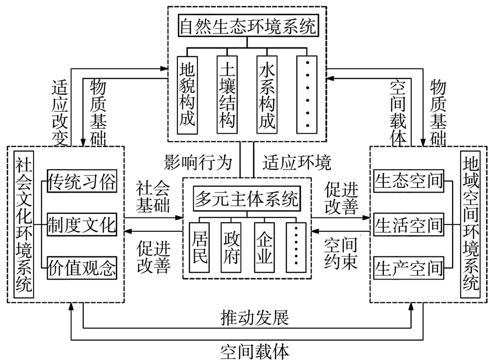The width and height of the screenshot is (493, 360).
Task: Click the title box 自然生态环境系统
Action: (247, 26)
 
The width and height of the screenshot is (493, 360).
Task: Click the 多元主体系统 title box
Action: (247, 199)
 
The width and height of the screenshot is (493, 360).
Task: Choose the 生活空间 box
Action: (409, 225)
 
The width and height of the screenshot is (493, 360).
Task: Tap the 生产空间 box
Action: (409, 268)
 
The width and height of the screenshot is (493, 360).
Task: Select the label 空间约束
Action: (341, 252)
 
